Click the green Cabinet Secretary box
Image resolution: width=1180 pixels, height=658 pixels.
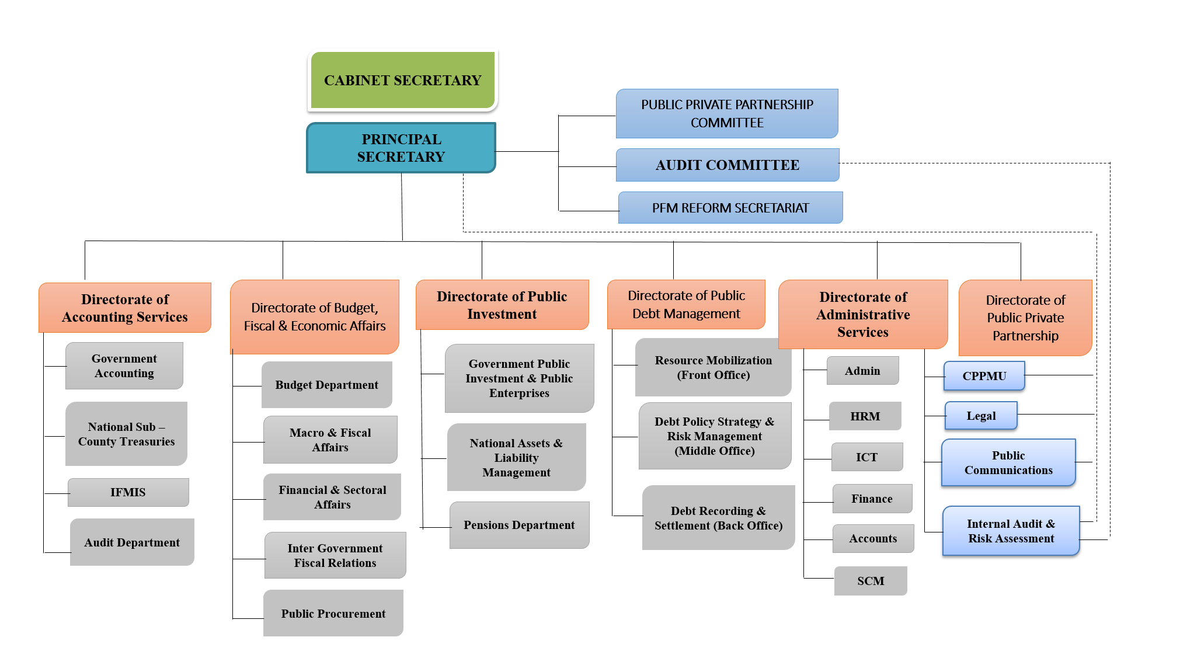[402, 80]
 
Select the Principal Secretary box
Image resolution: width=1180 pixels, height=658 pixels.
[401, 148]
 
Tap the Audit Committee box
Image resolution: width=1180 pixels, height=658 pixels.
[727, 165]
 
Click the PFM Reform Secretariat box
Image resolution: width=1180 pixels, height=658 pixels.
[730, 208]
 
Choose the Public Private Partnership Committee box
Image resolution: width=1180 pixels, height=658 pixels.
[727, 113]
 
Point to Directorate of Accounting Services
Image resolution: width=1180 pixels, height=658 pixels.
[125, 308]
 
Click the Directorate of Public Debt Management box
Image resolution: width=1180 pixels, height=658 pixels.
[686, 304]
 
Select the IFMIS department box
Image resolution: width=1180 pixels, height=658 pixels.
[128, 492]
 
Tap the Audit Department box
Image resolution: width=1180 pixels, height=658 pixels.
[132, 542]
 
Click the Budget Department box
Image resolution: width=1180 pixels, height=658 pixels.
[326, 385]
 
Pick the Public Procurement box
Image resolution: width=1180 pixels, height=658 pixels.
[333, 613]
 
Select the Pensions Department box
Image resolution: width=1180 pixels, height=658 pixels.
[519, 525]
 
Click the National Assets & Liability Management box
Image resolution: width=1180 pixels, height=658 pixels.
[516, 457]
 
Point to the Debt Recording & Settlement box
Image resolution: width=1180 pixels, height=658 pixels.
[718, 518]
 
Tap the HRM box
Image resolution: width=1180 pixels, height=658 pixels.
[865, 416]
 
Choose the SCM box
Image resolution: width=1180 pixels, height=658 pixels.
[871, 581]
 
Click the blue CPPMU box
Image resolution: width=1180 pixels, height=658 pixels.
[984, 376]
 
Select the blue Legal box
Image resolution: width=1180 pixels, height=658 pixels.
[981, 416]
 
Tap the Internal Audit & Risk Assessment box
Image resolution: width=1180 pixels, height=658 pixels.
[1011, 531]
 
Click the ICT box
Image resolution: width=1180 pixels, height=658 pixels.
[866, 457]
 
